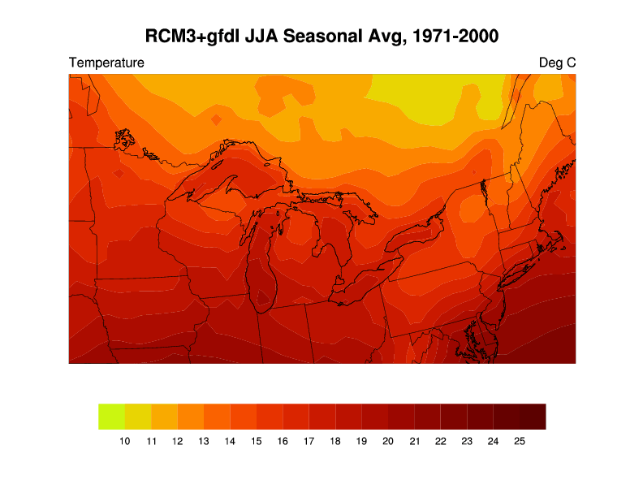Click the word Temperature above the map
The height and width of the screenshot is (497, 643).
click(x=107, y=63)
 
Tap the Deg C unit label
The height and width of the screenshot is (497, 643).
click(x=557, y=63)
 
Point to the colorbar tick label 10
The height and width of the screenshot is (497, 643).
click(x=124, y=441)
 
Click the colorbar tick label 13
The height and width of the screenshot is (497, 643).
click(x=204, y=441)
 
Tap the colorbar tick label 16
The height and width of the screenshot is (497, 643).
click(x=283, y=441)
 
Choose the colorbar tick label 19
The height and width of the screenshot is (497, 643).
click(x=361, y=441)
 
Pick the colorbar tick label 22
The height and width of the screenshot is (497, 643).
click(x=440, y=441)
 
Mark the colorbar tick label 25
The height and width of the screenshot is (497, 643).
click(x=520, y=441)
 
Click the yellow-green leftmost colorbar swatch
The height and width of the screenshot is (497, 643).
click(x=111, y=416)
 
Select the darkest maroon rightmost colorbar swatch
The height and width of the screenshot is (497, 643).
click(x=533, y=416)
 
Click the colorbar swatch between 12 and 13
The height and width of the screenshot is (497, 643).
click(x=190, y=416)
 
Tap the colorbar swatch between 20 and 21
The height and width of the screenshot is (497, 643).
click(x=401, y=416)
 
